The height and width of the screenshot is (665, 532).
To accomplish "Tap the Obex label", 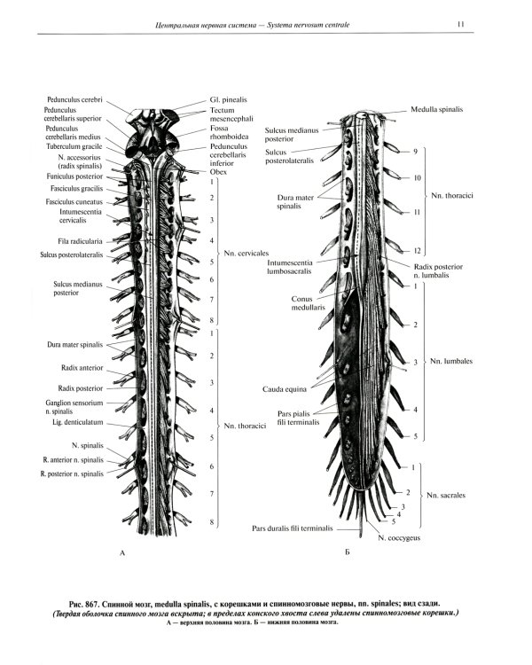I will [x=218, y=171].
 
